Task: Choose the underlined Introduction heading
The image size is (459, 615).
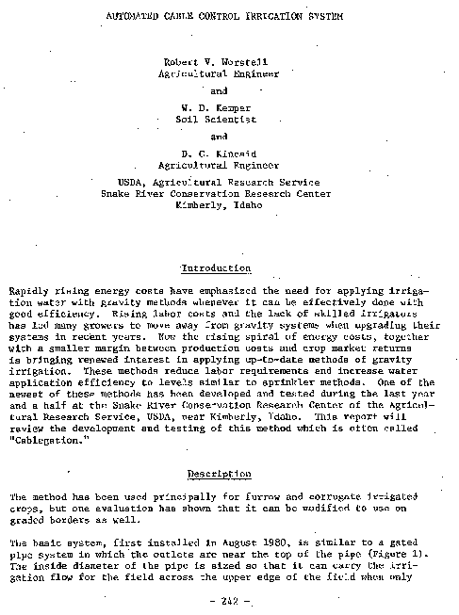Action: (x=216, y=268)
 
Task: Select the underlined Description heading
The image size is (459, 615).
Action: (x=218, y=474)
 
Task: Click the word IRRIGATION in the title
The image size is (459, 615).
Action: (x=273, y=17)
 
